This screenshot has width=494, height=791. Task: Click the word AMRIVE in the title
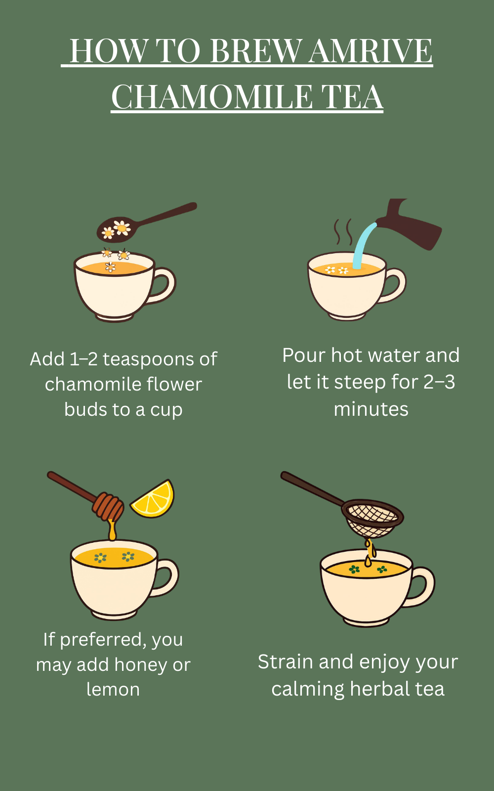[370, 51]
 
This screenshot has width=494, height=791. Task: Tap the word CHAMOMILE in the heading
[212, 97]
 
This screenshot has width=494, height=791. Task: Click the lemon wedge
[154, 499]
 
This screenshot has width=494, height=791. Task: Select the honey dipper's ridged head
[108, 507]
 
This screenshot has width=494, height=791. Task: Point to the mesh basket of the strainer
[372, 518]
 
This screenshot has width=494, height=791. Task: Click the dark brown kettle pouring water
[410, 224]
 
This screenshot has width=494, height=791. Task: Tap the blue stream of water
[364, 245]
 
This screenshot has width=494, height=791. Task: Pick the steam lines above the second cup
[343, 232]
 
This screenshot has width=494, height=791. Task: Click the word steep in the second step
[360, 383]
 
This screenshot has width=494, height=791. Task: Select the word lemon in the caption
[113, 690]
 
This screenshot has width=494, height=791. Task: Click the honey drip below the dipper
[112, 529]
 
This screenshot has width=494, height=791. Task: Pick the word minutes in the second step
[371, 410]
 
